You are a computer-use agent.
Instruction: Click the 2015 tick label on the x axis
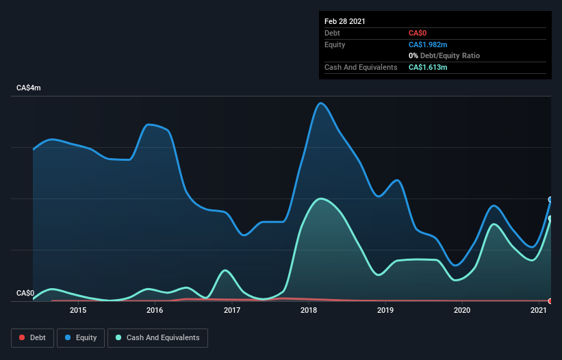[x=78, y=310]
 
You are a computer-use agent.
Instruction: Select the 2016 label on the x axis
[x=155, y=310]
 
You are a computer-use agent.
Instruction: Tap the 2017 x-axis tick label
[x=232, y=310]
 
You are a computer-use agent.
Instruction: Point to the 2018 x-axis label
[x=309, y=310]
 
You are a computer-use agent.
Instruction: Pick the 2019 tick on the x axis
[x=385, y=310]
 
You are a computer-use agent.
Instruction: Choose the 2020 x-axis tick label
[x=462, y=310]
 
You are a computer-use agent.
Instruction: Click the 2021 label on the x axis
[x=539, y=310]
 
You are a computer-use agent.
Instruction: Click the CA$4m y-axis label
[x=29, y=88]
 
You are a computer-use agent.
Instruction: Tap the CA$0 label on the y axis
[x=25, y=294]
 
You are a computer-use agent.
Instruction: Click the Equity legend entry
[x=81, y=337]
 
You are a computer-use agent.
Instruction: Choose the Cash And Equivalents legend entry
[x=157, y=337]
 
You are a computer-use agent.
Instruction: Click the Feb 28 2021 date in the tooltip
[x=345, y=21]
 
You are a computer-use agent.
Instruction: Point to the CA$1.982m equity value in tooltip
[x=428, y=44]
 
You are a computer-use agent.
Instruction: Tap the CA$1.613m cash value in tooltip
[x=428, y=67]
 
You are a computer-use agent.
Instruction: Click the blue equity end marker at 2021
[x=550, y=199]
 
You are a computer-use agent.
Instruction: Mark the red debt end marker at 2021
[x=550, y=301]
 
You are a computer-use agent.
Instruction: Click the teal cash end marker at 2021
[x=550, y=218]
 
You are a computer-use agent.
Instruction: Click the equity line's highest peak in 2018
[x=320, y=103]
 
